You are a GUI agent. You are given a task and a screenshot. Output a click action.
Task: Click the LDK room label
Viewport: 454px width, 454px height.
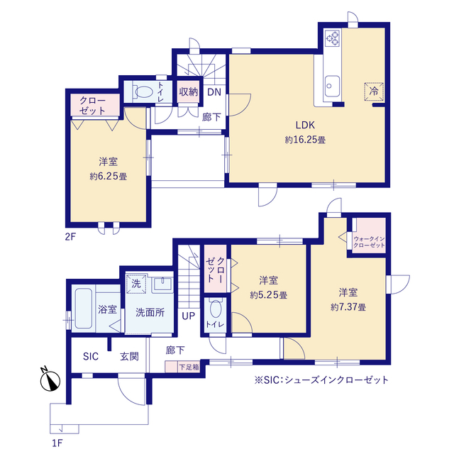click(305, 125)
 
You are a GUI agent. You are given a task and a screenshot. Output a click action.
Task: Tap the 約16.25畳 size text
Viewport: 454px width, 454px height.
click(305, 140)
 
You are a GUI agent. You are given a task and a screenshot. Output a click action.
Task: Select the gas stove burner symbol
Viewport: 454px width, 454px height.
click(332, 38)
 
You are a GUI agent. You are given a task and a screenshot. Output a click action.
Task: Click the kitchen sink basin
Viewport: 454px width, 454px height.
click(332, 87)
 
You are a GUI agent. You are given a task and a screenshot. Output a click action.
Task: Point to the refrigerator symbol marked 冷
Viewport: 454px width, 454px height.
click(374, 92)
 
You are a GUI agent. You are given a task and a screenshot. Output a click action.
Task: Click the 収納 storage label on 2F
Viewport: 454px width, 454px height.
click(189, 92)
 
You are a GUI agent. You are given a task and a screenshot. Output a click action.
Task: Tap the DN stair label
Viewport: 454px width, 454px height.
click(214, 92)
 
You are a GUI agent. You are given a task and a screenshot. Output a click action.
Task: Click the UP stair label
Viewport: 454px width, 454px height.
click(189, 316)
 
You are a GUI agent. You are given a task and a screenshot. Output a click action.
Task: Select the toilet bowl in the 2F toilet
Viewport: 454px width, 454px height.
click(143, 92)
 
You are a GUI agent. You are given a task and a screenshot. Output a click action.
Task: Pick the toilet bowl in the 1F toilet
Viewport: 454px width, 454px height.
click(216, 309)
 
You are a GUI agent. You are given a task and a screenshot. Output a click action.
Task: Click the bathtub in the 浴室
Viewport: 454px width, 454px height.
click(84, 308)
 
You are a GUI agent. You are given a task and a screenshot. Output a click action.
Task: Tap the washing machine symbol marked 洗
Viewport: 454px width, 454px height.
click(136, 284)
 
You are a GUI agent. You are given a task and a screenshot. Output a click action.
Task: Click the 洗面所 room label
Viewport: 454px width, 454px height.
click(150, 312)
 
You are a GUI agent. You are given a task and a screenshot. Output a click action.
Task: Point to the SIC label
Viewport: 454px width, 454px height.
click(91, 356)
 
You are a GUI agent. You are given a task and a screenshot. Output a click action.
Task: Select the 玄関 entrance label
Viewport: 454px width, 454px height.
click(129, 356)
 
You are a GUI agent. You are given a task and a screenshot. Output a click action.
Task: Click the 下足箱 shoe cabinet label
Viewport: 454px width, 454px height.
click(189, 367)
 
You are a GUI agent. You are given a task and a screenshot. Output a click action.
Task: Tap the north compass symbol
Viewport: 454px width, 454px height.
click(50, 380)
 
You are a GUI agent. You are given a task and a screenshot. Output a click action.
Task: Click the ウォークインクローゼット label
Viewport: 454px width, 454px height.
click(369, 242)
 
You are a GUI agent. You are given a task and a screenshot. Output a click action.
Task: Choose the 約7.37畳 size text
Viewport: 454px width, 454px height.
click(348, 307)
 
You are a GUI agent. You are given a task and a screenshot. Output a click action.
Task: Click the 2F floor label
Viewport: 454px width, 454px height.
click(70, 237)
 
